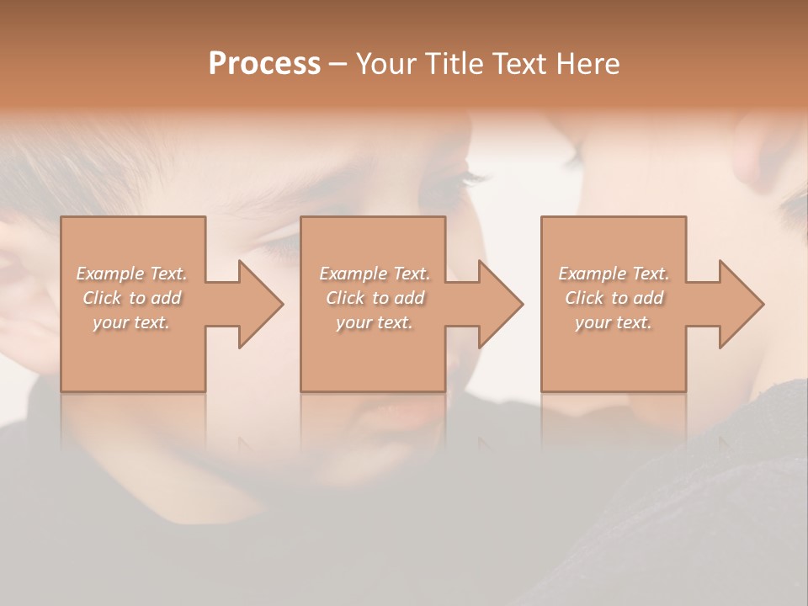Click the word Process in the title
point(264,64)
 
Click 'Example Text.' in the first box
point(131,274)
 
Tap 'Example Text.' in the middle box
point(375,274)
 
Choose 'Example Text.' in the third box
point(614,274)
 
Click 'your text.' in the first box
point(131,322)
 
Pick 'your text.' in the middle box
point(375,322)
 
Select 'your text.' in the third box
point(614,322)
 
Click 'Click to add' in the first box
point(131,298)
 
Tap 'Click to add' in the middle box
point(375,298)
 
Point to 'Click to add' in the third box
point(614,298)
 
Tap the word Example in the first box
point(109,274)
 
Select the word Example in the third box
point(592,274)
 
